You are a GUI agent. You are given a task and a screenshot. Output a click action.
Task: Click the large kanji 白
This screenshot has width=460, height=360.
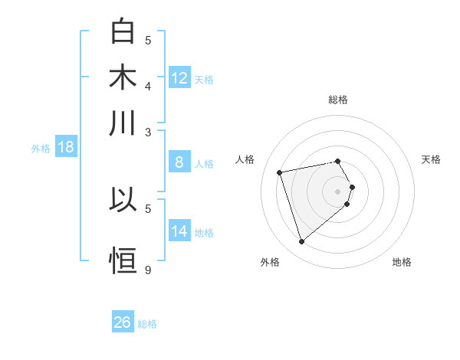coord(123,32)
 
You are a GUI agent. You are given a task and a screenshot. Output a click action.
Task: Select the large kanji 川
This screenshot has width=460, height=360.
coord(123,123)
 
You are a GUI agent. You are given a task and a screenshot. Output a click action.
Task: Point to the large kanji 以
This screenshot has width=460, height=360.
coord(123,200)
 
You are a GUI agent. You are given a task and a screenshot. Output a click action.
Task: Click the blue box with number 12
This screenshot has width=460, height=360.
coord(179,78)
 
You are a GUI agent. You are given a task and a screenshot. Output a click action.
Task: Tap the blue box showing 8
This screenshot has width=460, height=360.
coord(179,162)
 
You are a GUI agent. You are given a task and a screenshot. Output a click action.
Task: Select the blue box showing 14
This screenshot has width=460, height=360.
coord(179,231)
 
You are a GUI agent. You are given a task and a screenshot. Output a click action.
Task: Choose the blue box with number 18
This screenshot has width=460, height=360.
coord(66,147)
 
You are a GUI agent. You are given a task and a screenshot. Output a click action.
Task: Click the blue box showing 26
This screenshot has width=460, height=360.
coord(123,322)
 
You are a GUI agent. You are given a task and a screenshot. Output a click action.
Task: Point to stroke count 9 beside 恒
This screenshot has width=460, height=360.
coord(148,270)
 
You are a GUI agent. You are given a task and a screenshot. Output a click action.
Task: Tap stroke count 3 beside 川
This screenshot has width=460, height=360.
coord(148,131)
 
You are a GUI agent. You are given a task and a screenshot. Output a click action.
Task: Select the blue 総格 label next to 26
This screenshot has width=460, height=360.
coord(148,324)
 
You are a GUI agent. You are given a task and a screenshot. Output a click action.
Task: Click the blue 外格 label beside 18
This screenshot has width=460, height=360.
coord(41,149)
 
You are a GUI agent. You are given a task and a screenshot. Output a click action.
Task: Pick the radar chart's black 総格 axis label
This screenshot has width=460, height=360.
coord(338,100)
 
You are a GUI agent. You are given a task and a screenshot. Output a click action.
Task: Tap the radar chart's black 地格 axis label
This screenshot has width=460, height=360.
coord(402,262)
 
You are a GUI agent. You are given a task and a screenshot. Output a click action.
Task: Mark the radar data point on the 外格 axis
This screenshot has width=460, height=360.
coord(301,242)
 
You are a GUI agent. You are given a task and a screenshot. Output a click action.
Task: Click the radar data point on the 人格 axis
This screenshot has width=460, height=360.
coord(280,172)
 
